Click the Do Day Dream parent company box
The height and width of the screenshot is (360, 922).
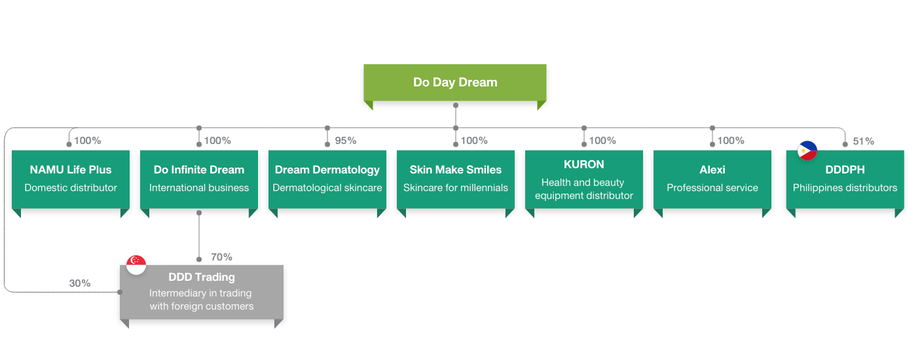coord(455,82)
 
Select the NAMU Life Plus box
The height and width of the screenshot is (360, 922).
coord(71,179)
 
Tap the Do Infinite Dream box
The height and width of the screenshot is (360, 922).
coord(199,179)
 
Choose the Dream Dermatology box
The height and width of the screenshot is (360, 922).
coord(327,179)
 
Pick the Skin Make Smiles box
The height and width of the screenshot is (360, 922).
coord(456,179)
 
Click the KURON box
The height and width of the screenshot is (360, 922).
coord(584,179)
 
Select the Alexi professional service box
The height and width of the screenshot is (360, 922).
coord(712,179)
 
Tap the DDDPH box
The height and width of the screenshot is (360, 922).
coord(845,179)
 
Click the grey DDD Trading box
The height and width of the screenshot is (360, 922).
coord(202,292)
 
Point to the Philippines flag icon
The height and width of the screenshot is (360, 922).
coord(807,151)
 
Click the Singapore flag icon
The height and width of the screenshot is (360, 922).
coord(136,264)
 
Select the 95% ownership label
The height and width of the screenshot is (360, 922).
coord(345,141)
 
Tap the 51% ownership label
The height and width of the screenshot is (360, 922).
coord(863,141)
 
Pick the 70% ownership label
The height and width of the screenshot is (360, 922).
coord(221,257)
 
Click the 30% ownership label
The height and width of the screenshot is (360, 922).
coord(80,283)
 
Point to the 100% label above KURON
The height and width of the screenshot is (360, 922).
coord(602,141)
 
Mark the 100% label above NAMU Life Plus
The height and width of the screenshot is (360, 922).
coord(87,141)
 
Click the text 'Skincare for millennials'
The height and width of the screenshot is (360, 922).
coord(456,188)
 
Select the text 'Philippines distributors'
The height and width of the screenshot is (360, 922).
coord(845,188)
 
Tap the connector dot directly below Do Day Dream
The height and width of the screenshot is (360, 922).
coord(456,105)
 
